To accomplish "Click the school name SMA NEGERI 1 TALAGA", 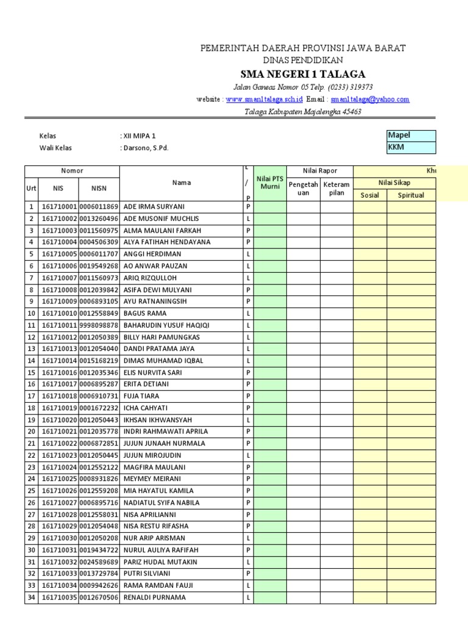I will click(x=303, y=74).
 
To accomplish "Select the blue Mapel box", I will click(x=411, y=135).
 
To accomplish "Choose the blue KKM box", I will click(x=411, y=148).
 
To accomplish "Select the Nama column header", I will click(x=181, y=182).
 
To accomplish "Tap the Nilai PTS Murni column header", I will click(x=269, y=182).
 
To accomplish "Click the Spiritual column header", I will click(x=411, y=195).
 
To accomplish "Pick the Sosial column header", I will click(x=370, y=195).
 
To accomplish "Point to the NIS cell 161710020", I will click(x=60, y=420).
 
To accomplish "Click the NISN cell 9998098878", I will click(x=99, y=325).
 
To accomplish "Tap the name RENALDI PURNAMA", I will click(x=154, y=598).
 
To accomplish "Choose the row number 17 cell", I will click(x=31, y=396).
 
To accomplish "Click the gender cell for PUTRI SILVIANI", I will click(x=248, y=574).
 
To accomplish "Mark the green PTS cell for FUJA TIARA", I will click(x=269, y=396).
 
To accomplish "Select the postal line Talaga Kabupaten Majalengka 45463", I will click(x=303, y=112).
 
